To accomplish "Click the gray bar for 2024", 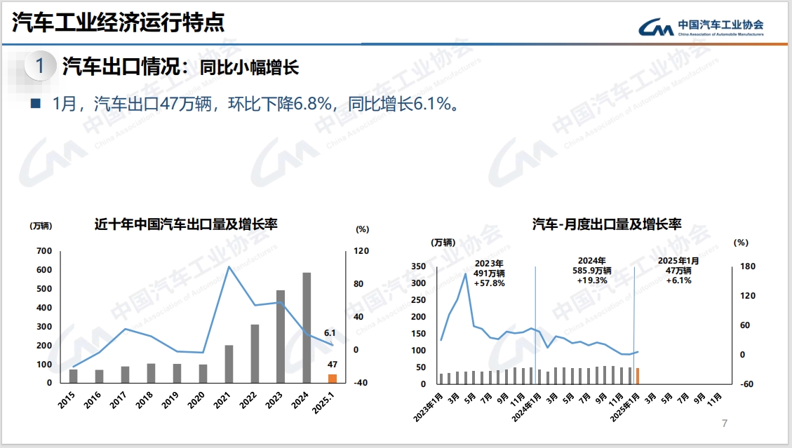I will pos(307,327).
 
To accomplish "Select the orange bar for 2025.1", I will pos(333,379).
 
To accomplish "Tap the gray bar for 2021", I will pos(229,364).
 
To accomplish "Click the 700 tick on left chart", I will pos(43,251).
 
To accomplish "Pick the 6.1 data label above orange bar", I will pos(330,334).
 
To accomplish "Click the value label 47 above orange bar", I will pos(333,365).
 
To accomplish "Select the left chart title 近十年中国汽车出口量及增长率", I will pos(186,225).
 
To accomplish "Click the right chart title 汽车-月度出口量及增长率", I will pos(606,225).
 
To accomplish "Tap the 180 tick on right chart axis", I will pos(747,266).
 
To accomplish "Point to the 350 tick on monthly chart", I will pos(419,266).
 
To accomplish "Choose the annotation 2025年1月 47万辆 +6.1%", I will pos(678,270).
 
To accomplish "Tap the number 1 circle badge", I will pos(41,67).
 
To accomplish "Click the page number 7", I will pos(725,423).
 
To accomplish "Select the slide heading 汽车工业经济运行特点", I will pos(118,22).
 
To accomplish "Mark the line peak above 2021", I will pos(229,266).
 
